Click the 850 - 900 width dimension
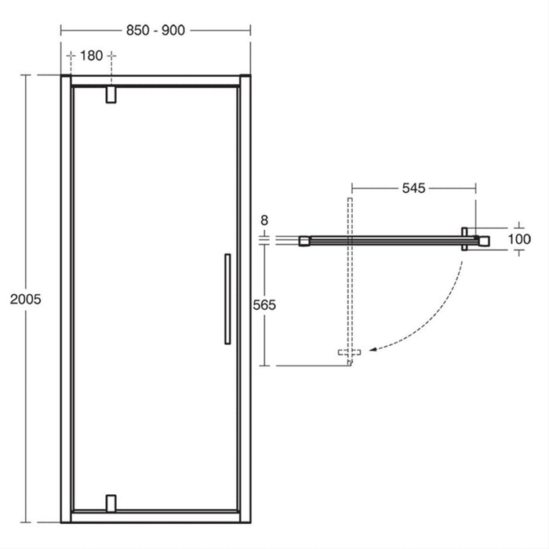pos(155,31)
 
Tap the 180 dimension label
pos(92,56)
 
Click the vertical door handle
pos(226,298)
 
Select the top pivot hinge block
pos(111,94)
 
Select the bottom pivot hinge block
pos(111,502)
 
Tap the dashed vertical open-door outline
pos(351,274)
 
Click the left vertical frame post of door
pos(66,298)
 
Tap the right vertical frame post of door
pos(245,298)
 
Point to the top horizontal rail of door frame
pos(155,80)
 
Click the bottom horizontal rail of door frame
pos(155,517)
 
